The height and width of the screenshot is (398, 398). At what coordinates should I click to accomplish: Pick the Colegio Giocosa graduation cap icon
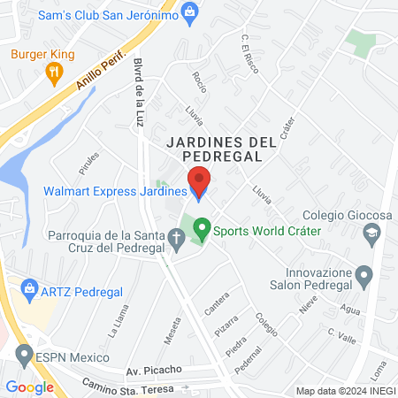[371, 232]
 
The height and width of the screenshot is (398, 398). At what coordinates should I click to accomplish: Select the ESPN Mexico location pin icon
[25, 356]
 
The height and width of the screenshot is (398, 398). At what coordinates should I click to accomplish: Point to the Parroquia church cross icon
[176, 236]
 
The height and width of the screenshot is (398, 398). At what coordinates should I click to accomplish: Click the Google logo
[29, 387]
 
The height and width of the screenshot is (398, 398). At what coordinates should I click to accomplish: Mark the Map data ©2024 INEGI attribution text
[345, 391]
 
